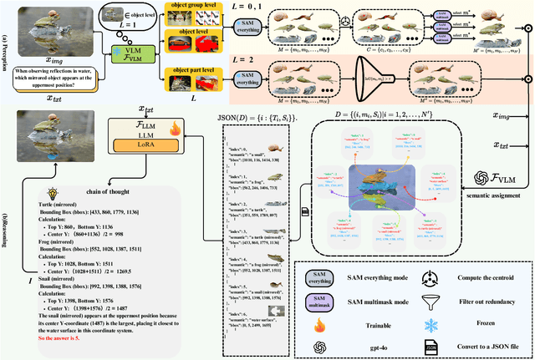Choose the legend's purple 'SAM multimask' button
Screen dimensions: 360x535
(319, 301)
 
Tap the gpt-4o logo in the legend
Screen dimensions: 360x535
(319, 346)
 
